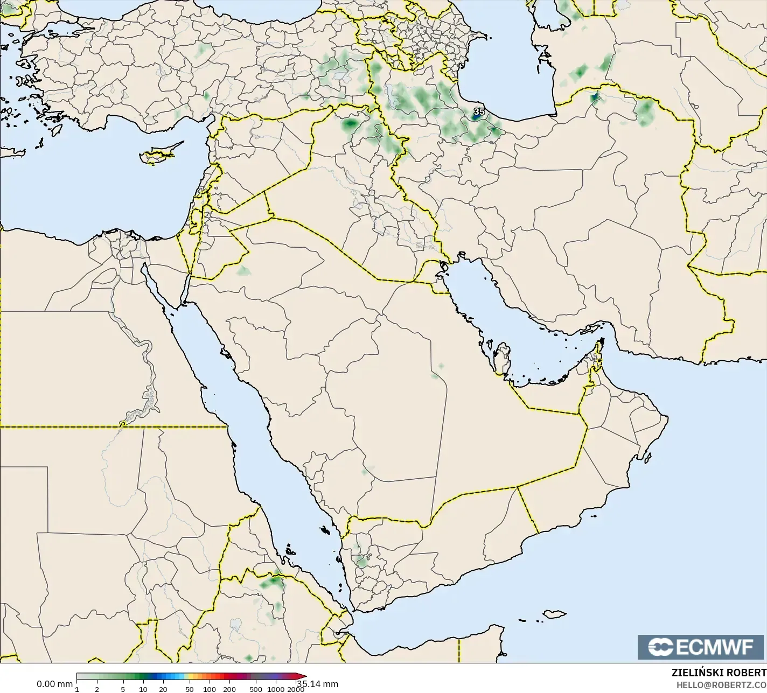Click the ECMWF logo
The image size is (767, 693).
tap(701, 647)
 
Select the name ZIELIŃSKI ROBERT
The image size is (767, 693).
tap(719, 673)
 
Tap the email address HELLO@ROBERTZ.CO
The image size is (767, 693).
tap(721, 684)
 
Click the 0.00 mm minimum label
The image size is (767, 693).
tap(54, 684)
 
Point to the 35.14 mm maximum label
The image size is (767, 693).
tap(318, 684)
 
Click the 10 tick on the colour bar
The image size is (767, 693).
tap(143, 689)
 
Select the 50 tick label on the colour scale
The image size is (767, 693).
tap(189, 689)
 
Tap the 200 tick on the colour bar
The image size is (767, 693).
tap(229, 689)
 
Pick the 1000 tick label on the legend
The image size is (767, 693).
tap(275, 689)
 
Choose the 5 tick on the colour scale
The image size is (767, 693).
tap(123, 689)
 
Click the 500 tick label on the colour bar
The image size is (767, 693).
tap(256, 689)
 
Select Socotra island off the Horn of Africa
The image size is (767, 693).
tap(554, 614)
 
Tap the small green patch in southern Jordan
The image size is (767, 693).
tap(244, 270)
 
